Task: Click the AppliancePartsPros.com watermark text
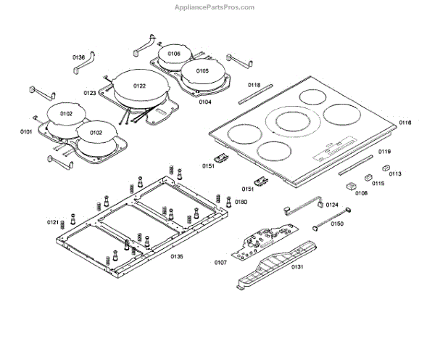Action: pos(215,7)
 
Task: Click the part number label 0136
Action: pos(78,57)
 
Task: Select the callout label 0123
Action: pos(90,93)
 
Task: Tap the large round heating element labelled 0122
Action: pos(140,86)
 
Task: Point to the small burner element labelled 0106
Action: pos(175,54)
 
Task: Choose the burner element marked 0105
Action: pos(202,71)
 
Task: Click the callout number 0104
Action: pos(205,102)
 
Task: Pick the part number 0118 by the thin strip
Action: pos(254,85)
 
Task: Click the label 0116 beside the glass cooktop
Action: pos(405,123)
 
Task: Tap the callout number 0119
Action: pos(384,151)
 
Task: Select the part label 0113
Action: pos(395,174)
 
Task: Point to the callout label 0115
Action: pos(378,184)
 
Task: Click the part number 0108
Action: pos(362,193)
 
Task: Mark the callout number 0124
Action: pos(332,205)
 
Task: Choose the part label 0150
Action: pos(337,224)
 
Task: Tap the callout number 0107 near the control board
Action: pos(221,262)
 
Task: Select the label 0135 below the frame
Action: pos(177,256)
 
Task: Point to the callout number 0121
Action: pos(53,221)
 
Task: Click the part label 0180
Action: pos(241,201)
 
